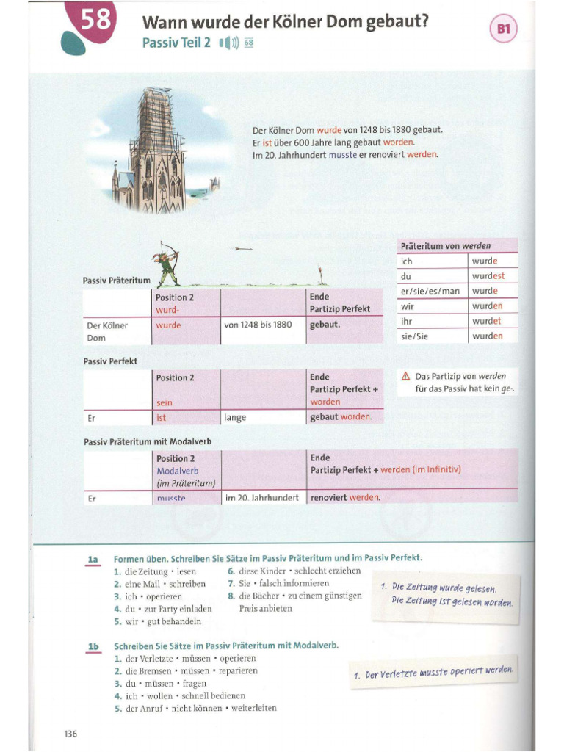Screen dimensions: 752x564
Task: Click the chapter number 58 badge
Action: click(x=94, y=21)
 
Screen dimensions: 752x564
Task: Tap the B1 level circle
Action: click(x=503, y=30)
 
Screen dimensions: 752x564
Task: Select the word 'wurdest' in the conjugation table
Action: click(x=488, y=276)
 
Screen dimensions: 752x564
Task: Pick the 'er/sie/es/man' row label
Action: click(x=430, y=291)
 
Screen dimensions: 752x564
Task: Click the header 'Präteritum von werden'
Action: click(x=446, y=245)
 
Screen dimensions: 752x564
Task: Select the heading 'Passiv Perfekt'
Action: click(x=110, y=361)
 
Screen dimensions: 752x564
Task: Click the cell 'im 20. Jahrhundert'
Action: click(x=261, y=498)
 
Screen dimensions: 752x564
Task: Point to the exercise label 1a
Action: click(x=93, y=560)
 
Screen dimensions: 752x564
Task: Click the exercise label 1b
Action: click(x=93, y=646)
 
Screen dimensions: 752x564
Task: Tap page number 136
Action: click(x=70, y=734)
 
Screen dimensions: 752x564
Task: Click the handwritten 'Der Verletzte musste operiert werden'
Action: click(x=437, y=673)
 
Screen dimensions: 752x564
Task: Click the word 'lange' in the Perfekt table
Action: click(x=236, y=418)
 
